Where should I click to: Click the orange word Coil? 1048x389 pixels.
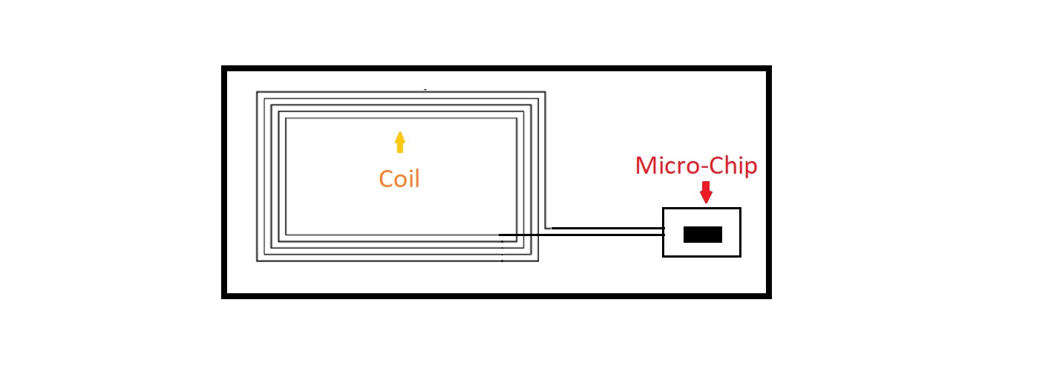[399, 179]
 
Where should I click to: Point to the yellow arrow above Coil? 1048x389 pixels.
[400, 142]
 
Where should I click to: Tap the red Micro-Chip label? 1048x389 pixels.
[695, 166]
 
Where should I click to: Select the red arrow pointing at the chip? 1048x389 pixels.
[706, 192]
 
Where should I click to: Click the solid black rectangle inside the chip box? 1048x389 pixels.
[702, 235]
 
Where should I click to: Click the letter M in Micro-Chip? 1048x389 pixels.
[646, 166]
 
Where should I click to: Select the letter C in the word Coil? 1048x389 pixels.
[386, 179]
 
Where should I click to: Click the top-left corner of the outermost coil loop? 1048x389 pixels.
[258, 92]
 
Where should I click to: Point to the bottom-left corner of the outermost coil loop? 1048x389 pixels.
[258, 261]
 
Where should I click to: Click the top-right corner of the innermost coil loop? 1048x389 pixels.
[517, 118]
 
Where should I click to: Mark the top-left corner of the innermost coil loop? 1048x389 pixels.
[286, 118]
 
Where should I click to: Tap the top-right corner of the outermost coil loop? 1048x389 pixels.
[545, 92]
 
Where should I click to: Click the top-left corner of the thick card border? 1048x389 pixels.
[224, 68]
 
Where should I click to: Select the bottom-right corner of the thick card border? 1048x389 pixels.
[769, 296]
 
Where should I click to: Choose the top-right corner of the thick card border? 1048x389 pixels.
[769, 68]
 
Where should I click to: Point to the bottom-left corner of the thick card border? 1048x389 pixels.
[224, 296]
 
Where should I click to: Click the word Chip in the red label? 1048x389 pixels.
[732, 166]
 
